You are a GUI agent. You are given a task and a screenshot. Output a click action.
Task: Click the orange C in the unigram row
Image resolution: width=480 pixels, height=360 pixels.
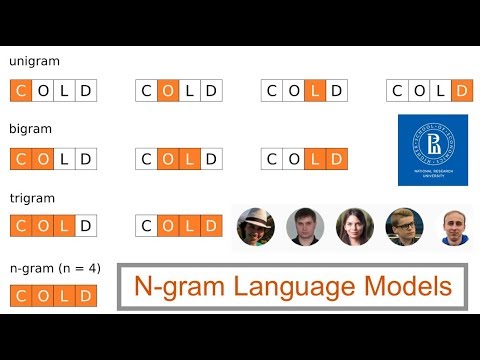click(x=20, y=92)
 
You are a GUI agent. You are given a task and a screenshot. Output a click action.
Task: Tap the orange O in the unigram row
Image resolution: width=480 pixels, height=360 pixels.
click(x=168, y=92)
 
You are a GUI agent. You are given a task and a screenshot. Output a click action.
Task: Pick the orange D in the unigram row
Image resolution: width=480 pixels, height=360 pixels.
click(x=462, y=92)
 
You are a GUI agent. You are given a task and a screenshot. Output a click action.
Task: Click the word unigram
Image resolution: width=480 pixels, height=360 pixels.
click(x=34, y=62)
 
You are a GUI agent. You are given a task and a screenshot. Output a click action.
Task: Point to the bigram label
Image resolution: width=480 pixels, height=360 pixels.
click(x=30, y=129)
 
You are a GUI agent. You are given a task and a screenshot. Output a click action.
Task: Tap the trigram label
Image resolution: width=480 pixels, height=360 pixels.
click(x=30, y=197)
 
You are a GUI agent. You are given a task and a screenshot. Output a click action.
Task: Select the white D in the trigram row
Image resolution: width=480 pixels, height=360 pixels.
click(x=86, y=227)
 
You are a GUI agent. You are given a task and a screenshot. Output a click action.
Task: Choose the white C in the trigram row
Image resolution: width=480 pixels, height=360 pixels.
click(x=146, y=227)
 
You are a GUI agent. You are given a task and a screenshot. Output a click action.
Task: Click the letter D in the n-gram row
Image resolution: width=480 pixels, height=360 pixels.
click(x=86, y=295)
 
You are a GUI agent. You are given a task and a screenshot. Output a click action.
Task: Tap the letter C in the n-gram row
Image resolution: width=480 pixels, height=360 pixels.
click(x=20, y=295)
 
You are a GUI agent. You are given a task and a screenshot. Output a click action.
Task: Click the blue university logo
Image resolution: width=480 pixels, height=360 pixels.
click(x=432, y=150)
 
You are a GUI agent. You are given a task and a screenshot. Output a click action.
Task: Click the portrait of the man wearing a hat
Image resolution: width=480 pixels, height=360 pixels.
click(x=256, y=227)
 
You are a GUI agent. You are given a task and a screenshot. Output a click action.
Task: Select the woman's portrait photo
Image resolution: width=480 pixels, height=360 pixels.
click(x=355, y=227)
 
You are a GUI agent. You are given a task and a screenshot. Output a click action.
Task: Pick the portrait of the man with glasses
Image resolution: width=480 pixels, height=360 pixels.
click(x=405, y=227)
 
